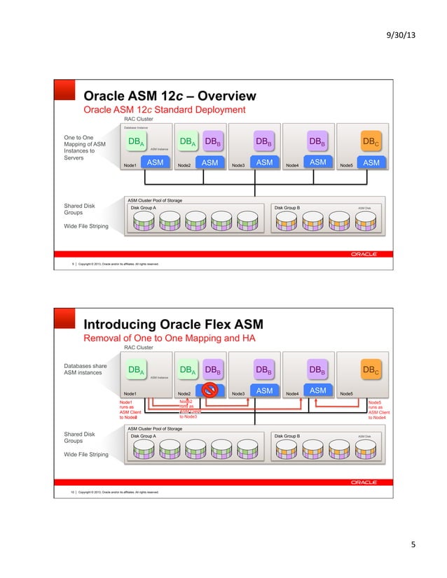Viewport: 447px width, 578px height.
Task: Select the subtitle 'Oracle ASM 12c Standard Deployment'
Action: pos(165,110)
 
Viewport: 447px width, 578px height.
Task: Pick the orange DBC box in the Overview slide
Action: pos(371,142)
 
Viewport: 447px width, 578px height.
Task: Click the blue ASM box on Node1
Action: pos(155,162)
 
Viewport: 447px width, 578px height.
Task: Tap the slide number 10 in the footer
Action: pos(74,492)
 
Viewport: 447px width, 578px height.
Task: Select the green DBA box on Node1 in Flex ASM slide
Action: pos(137,369)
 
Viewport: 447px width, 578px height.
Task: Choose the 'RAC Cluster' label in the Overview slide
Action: pos(139,119)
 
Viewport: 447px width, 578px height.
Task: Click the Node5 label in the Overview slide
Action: pos(346,165)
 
